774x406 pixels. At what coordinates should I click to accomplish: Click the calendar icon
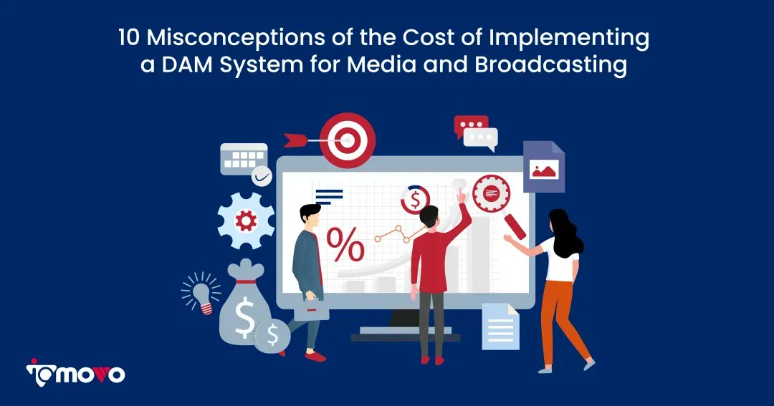coord(243,158)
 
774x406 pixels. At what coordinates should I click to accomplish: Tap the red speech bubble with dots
coord(470,126)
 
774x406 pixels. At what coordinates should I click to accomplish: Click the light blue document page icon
coord(500,326)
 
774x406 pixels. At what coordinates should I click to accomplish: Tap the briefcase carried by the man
coord(312,309)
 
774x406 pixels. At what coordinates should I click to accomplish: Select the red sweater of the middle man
coord(432,258)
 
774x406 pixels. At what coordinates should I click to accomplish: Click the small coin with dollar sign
coord(272,335)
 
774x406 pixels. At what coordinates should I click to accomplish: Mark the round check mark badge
coord(262,175)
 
